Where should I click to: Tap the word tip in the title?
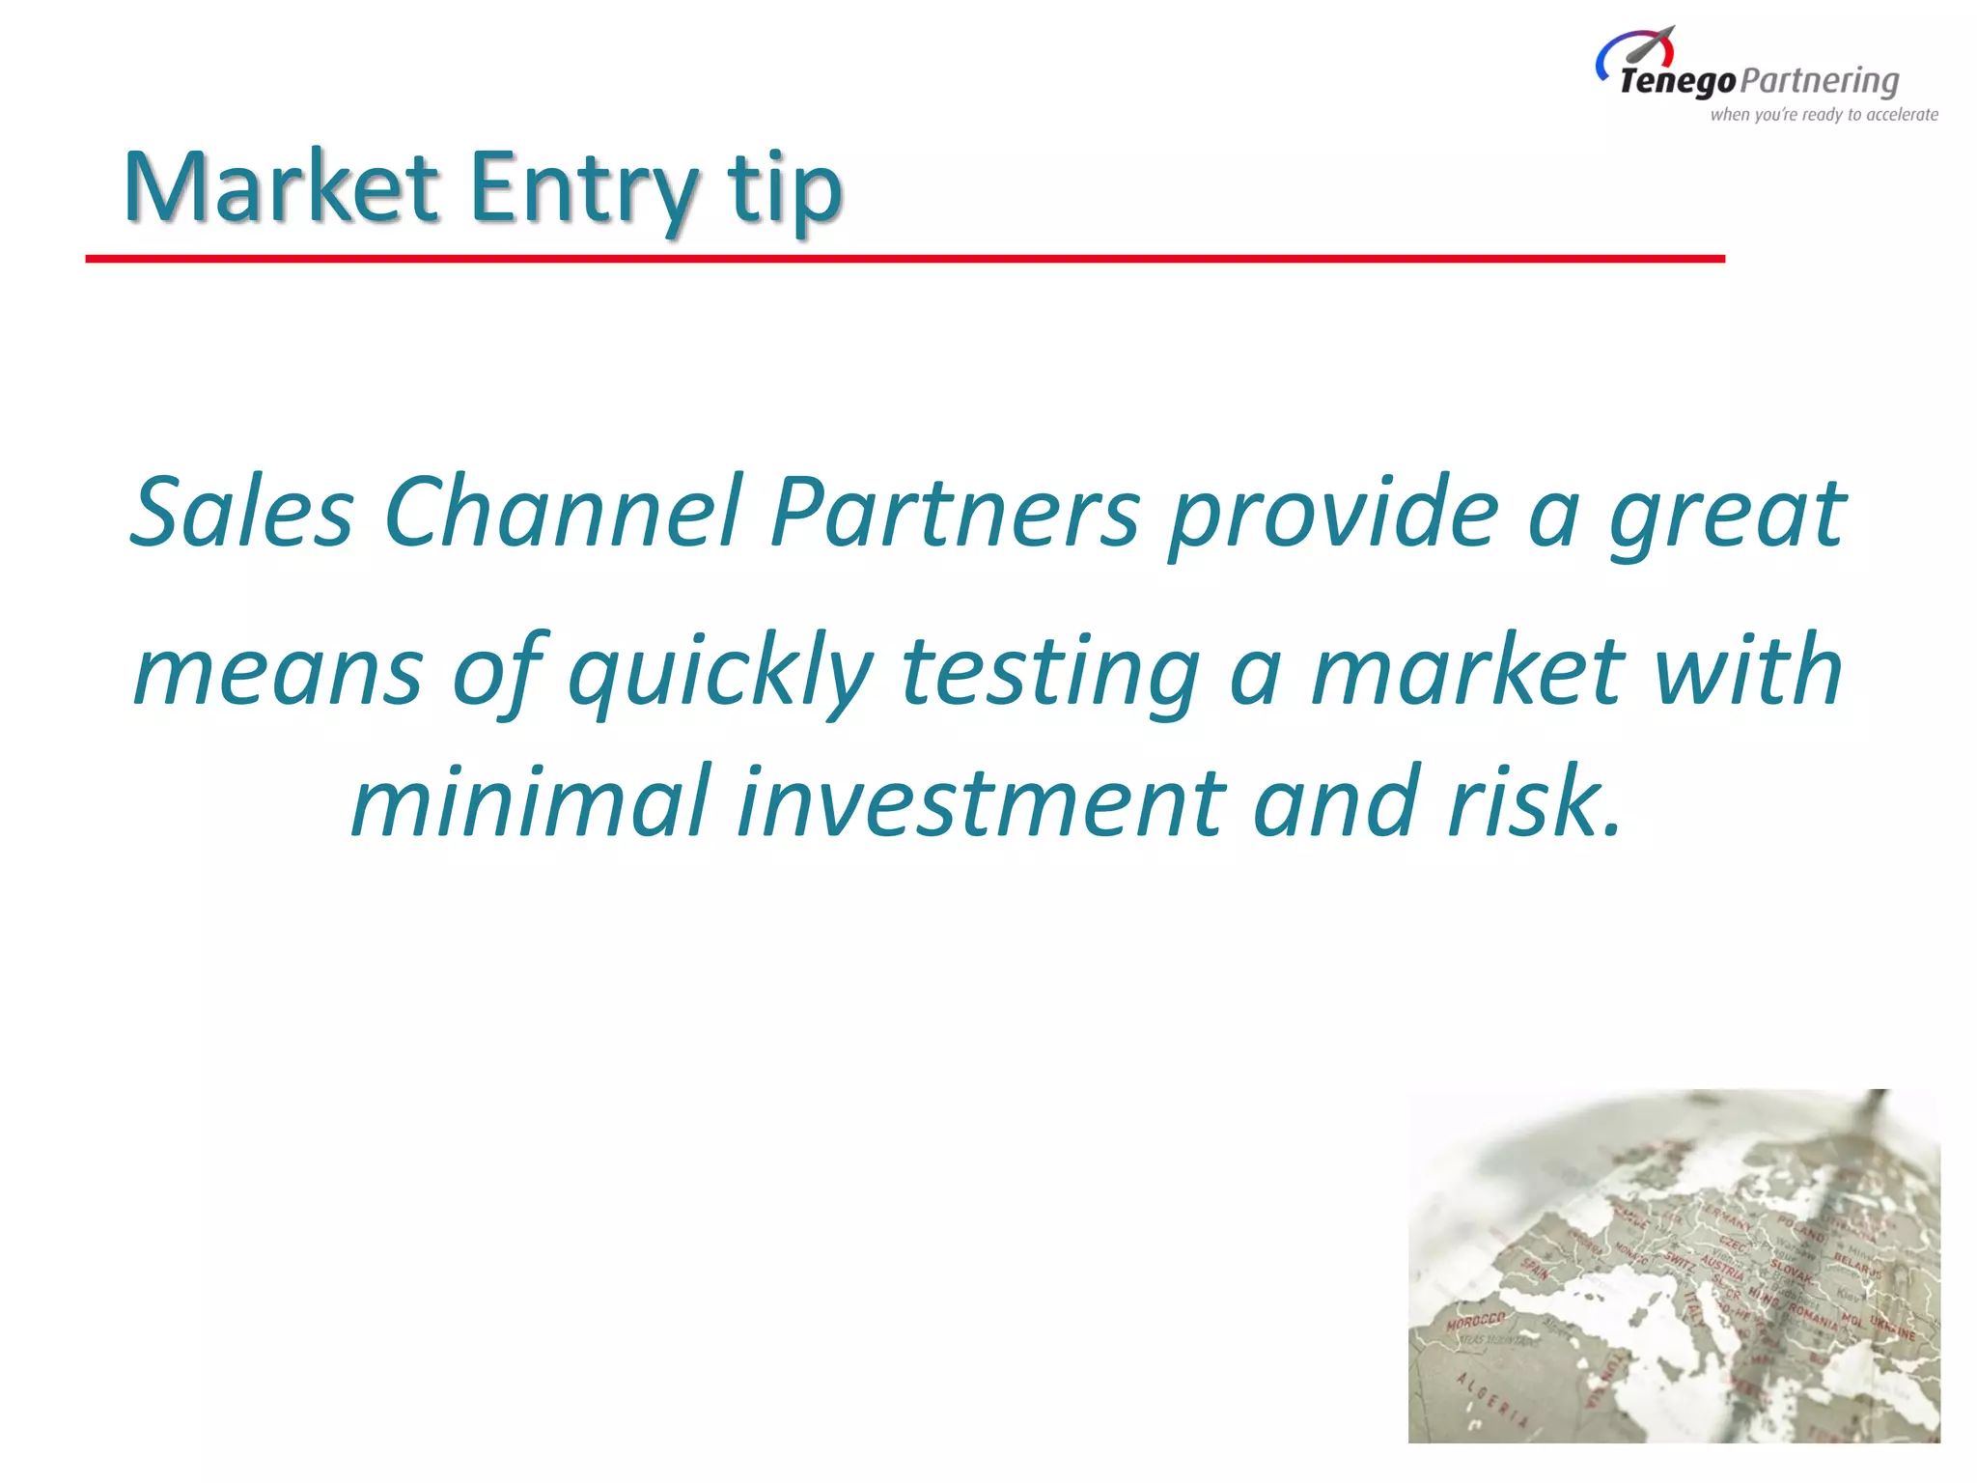point(786,187)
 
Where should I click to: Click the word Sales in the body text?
point(241,512)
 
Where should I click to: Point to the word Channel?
point(564,512)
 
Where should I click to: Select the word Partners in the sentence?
point(956,512)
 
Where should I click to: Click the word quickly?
point(720,671)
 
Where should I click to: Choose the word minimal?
point(531,801)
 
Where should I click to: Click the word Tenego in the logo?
point(1678,81)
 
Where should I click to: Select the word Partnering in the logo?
point(1821,81)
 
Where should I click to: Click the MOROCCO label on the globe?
point(1476,1320)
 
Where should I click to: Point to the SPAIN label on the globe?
point(1536,1269)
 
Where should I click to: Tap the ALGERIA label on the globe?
point(1492,1399)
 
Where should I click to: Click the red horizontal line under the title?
point(905,259)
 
